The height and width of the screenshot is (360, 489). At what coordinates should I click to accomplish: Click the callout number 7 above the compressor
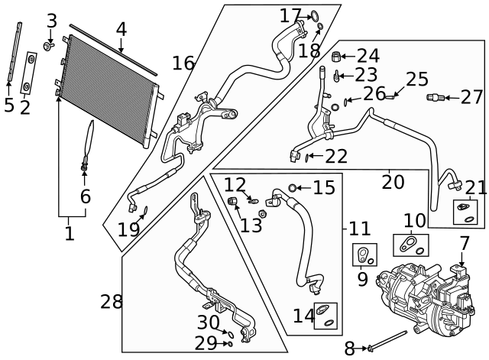[464, 243]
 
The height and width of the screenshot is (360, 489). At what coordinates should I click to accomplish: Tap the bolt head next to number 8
[370, 348]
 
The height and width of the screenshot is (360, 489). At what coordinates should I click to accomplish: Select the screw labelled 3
[49, 47]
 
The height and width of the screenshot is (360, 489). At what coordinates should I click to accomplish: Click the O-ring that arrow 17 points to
[315, 15]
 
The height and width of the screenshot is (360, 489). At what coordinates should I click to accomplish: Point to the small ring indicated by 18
[320, 26]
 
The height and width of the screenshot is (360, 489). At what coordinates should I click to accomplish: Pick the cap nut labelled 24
[336, 57]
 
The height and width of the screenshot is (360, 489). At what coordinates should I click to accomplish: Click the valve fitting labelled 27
[435, 98]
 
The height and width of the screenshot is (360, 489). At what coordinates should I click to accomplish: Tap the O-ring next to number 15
[292, 188]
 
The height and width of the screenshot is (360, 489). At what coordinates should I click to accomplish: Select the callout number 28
[112, 302]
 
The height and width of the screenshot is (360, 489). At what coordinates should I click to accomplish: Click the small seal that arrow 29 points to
[230, 344]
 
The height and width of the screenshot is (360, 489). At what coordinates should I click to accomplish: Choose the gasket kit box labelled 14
[325, 316]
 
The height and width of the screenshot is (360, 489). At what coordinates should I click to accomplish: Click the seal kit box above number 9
[364, 255]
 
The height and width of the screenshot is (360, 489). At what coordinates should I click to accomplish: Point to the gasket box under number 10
[411, 245]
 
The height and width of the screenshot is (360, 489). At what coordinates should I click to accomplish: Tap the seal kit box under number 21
[465, 212]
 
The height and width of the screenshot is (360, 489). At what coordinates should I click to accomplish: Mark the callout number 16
[183, 63]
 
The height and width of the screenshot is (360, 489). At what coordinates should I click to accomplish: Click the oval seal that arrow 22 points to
[307, 158]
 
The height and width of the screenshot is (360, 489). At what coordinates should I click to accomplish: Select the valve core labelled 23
[336, 76]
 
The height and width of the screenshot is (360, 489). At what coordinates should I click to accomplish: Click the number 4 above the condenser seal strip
[121, 30]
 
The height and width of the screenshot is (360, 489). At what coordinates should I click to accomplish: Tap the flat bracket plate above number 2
[29, 73]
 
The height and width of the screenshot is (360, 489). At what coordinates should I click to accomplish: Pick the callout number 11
[359, 229]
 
